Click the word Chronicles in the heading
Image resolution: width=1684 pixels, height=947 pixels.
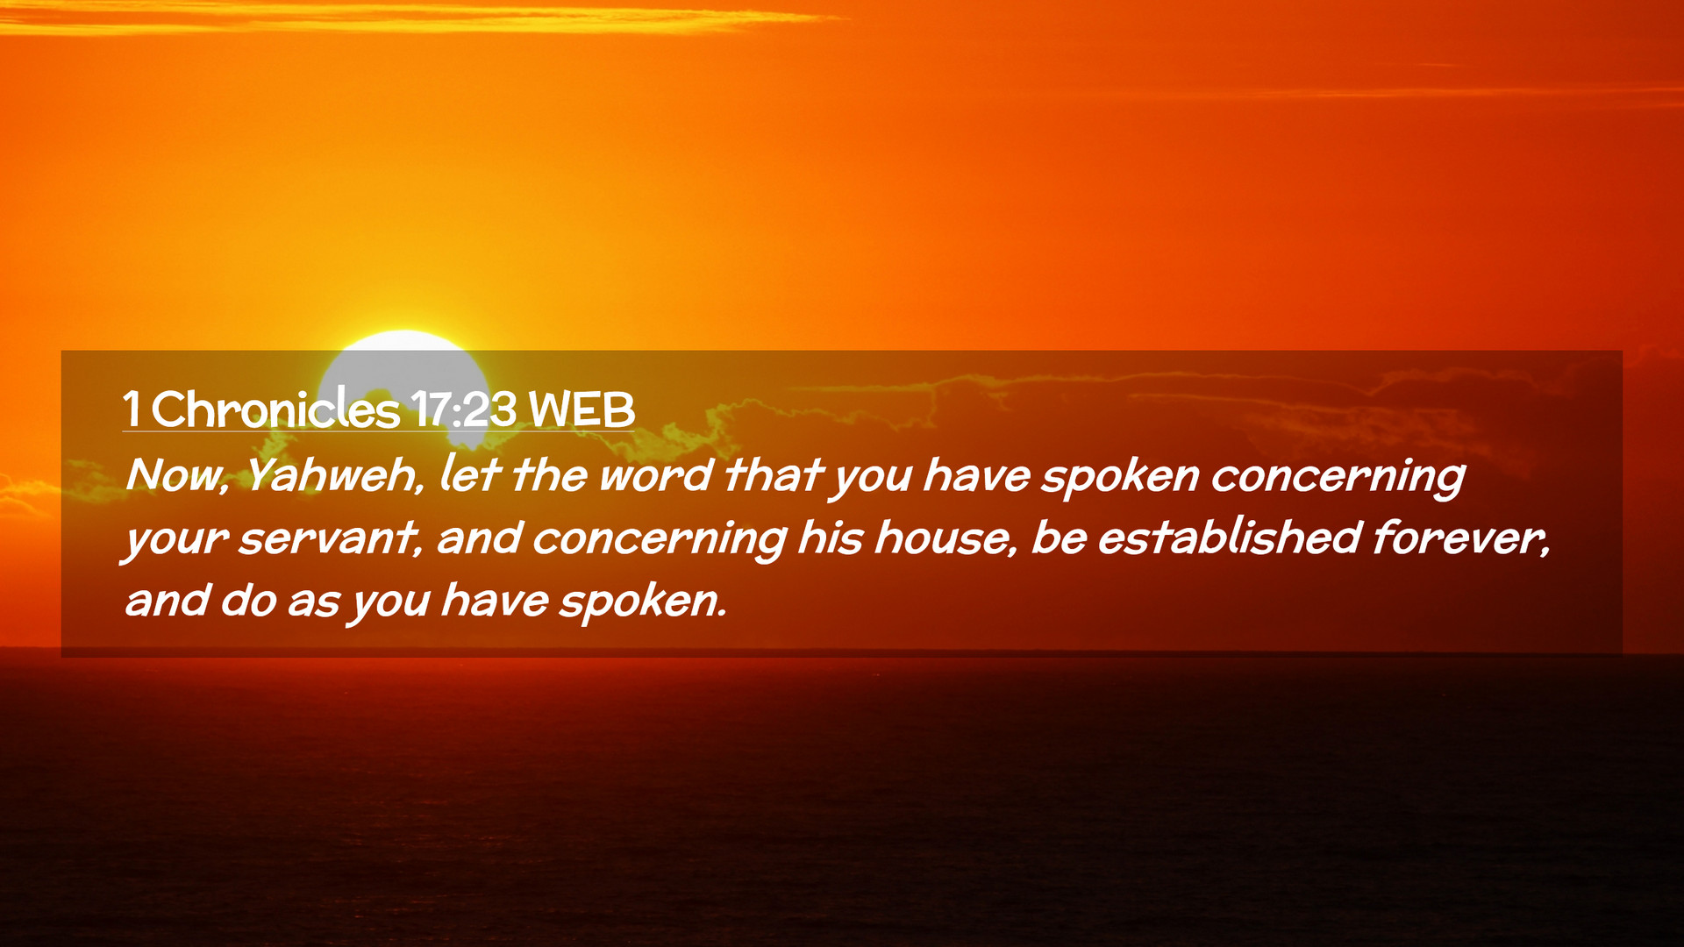tap(275, 409)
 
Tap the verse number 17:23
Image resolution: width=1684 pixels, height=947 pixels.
tap(463, 409)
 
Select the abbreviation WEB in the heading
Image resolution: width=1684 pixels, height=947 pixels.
tap(582, 409)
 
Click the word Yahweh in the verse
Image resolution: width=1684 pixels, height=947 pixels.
tap(334, 474)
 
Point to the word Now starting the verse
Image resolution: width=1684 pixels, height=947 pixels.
tap(177, 475)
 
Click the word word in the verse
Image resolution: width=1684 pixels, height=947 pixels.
tap(655, 475)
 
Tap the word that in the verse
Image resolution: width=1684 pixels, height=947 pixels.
tap(774, 474)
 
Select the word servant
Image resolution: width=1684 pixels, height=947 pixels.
tap(330, 538)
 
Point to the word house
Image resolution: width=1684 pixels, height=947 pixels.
tap(946, 538)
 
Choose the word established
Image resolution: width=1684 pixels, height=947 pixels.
tap(1229, 537)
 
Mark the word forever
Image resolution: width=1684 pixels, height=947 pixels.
tap(1461, 537)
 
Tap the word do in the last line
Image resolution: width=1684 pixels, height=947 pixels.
tap(248, 600)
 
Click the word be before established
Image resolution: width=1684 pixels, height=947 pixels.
tap(1059, 537)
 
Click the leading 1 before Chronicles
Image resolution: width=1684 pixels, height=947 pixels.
tap(132, 409)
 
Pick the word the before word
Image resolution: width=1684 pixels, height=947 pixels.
tap(549, 474)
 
